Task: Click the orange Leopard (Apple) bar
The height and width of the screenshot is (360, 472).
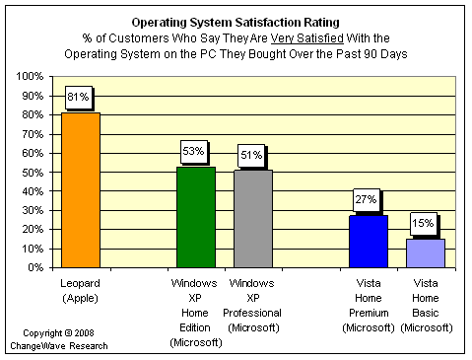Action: (81, 190)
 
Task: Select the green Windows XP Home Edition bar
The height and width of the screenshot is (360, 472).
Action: (196, 217)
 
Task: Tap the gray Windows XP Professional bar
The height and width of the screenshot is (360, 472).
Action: (253, 219)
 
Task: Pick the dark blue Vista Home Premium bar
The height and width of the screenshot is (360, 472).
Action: (369, 242)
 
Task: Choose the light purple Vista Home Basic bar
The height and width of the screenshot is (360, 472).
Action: (426, 253)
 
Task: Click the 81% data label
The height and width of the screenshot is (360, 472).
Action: (78, 97)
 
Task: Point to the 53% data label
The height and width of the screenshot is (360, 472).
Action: (193, 151)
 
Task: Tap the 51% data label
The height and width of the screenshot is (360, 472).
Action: (251, 155)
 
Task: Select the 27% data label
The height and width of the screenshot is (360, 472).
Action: (366, 199)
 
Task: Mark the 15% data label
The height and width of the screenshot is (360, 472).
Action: (423, 224)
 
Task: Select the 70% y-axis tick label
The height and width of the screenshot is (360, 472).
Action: (33, 134)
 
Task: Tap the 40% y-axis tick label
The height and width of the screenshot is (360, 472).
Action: (33, 191)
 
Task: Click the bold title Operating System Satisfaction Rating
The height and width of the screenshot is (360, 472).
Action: (236, 23)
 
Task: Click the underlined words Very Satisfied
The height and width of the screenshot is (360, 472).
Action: (307, 38)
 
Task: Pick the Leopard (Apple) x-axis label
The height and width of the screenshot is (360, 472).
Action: (81, 291)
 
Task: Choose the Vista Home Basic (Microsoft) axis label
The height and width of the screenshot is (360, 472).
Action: (427, 306)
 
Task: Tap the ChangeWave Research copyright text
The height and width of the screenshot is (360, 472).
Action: (59, 339)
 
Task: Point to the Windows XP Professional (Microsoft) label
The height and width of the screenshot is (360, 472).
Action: (252, 306)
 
